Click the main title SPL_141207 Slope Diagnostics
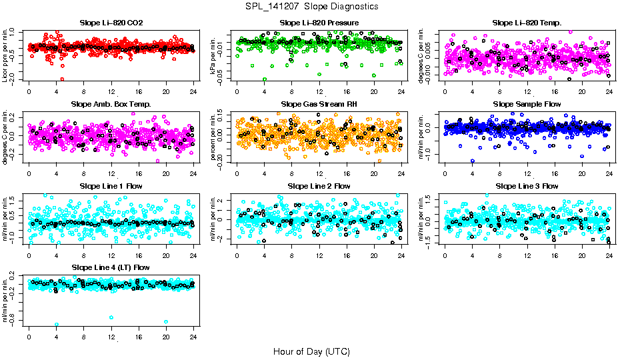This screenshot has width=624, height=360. point(311,6)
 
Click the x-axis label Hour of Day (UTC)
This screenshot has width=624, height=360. point(311,351)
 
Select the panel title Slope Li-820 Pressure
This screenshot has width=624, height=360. point(319,23)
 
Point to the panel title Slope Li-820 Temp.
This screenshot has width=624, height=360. point(527,23)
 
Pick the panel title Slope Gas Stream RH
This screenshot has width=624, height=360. point(319,104)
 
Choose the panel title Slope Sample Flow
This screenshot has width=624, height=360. point(527,104)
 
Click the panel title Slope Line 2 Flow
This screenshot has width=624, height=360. point(319,185)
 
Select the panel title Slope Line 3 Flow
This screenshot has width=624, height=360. point(527,185)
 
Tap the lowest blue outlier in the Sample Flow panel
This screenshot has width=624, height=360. point(473,161)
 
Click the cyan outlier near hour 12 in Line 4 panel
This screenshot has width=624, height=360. point(111,317)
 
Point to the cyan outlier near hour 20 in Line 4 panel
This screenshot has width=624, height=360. point(166,322)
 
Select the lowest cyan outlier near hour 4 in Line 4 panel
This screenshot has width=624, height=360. point(57,324)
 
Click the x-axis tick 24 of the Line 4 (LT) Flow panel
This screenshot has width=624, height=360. point(193,334)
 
